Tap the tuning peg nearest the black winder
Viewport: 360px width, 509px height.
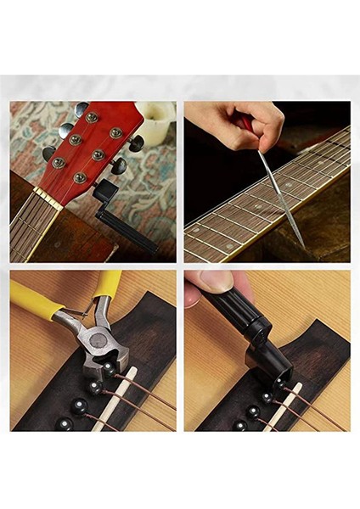click(x=120, y=165)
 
